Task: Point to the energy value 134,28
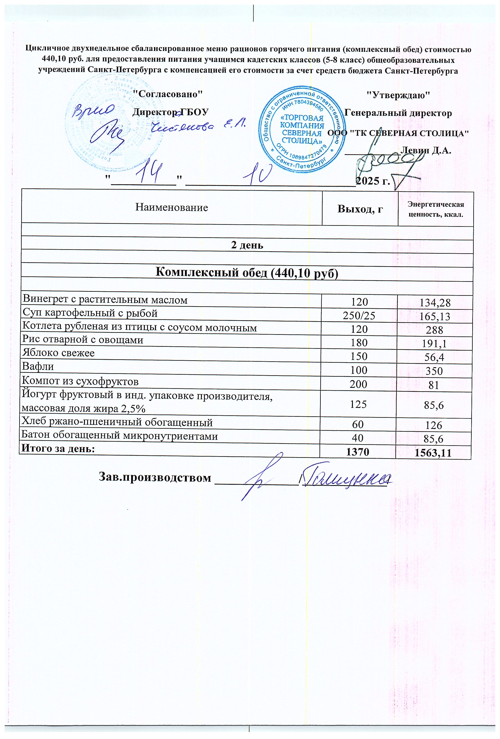(x=435, y=303)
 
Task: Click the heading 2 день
(x=247, y=245)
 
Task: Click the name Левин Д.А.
(x=426, y=150)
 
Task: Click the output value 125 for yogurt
(x=359, y=404)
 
